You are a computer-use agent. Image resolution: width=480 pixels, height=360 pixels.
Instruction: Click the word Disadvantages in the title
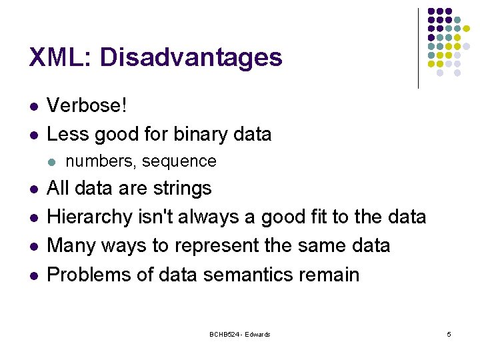pos(191,57)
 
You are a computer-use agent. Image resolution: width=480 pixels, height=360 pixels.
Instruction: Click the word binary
pos(198,134)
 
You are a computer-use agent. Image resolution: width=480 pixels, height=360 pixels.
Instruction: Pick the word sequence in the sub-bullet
pos(179,161)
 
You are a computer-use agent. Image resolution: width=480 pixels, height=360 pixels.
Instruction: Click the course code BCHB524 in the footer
pos(223,334)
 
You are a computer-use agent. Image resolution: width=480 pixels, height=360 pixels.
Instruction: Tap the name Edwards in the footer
pos(257,334)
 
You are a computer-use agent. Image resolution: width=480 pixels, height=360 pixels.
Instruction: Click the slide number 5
pos(449,334)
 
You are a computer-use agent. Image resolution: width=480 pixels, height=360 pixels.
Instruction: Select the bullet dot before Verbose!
pos(33,106)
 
